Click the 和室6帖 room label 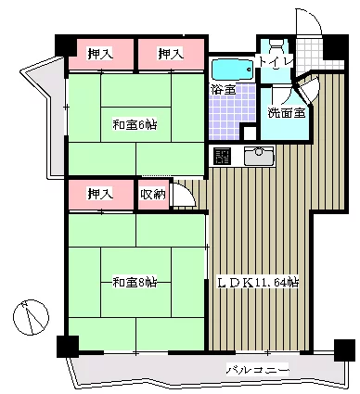(x=135, y=125)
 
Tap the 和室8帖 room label (x=135, y=283)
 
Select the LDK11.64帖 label (x=258, y=283)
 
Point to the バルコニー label (x=258, y=370)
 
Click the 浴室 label (x=224, y=90)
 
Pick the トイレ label (x=276, y=61)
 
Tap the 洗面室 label (x=287, y=113)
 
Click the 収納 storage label (x=153, y=195)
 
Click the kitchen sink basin (x=259, y=157)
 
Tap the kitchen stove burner (x=223, y=156)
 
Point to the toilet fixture (x=276, y=48)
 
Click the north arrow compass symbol (x=31, y=317)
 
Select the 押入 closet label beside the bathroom (x=171, y=54)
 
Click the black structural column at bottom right (x=344, y=350)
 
